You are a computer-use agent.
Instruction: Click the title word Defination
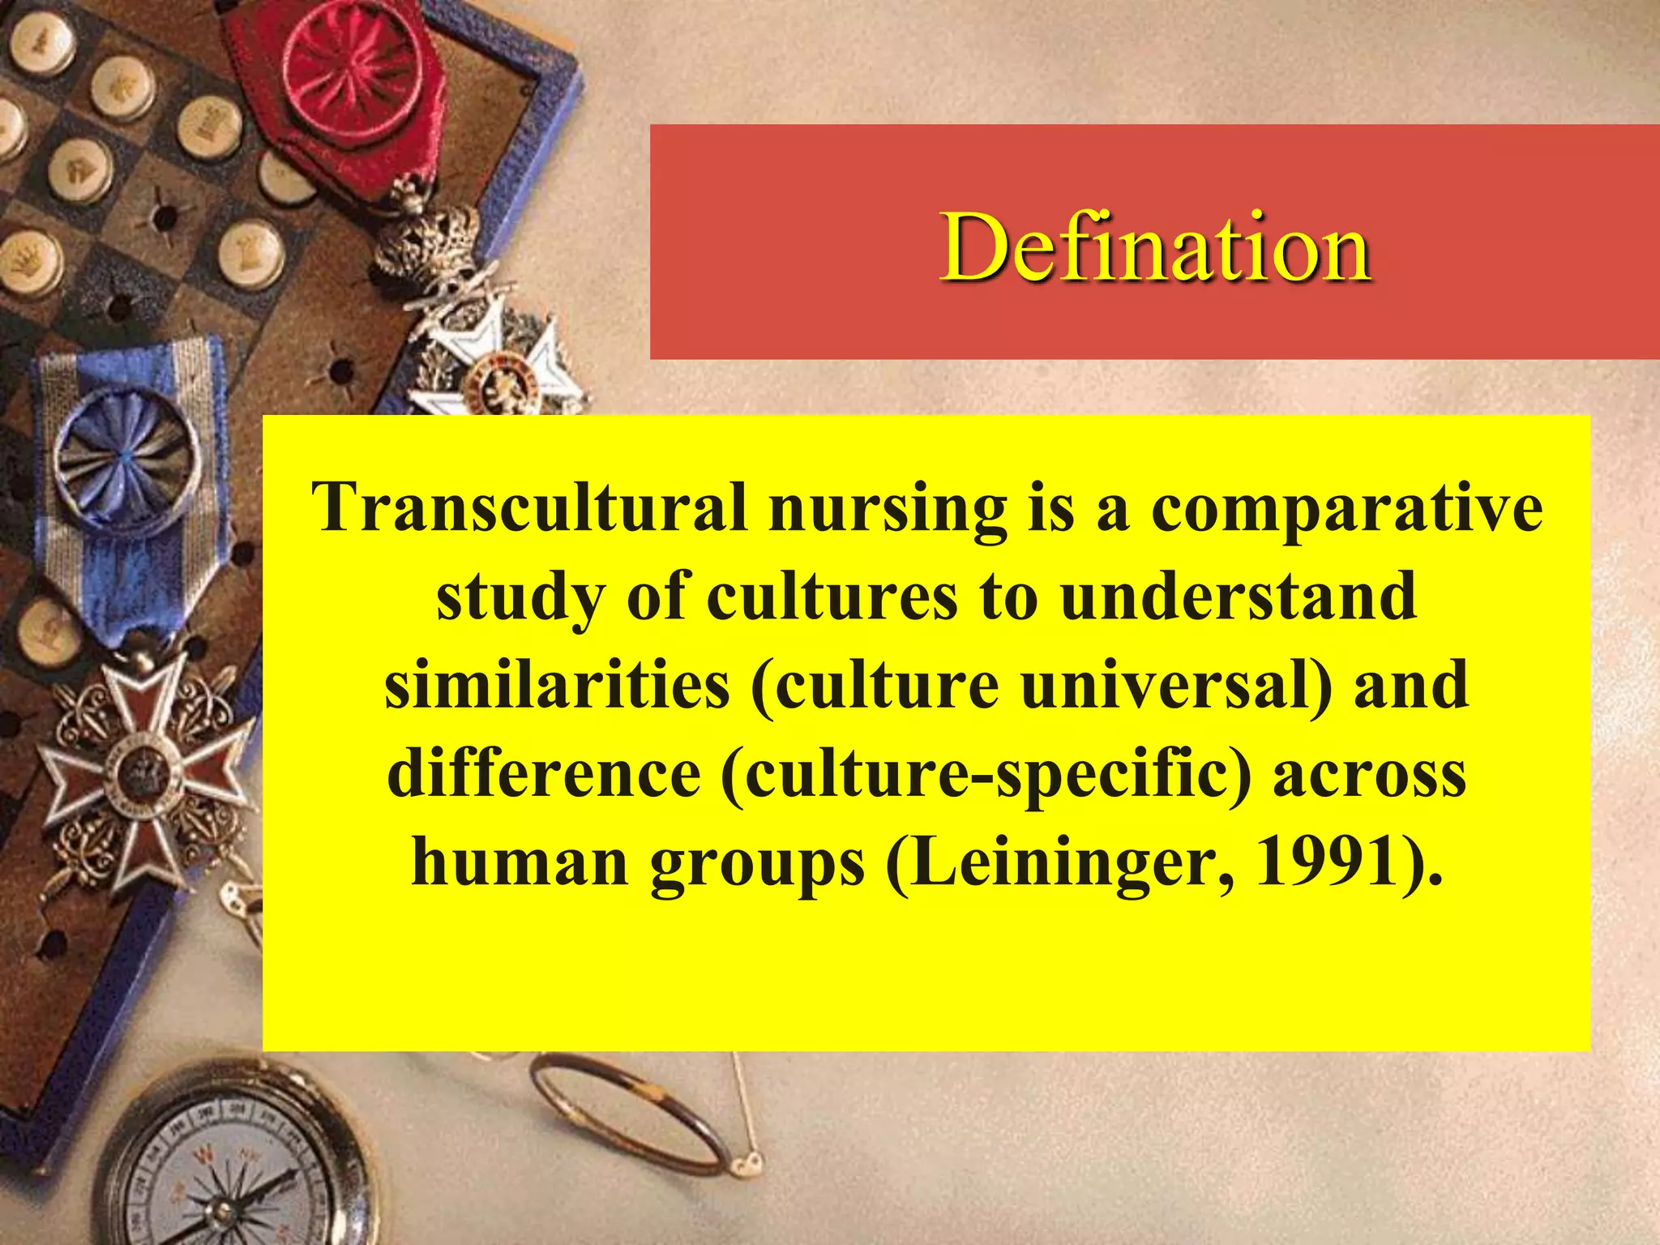point(1155,247)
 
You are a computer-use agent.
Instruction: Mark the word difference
point(544,772)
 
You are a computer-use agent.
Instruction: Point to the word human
point(520,861)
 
